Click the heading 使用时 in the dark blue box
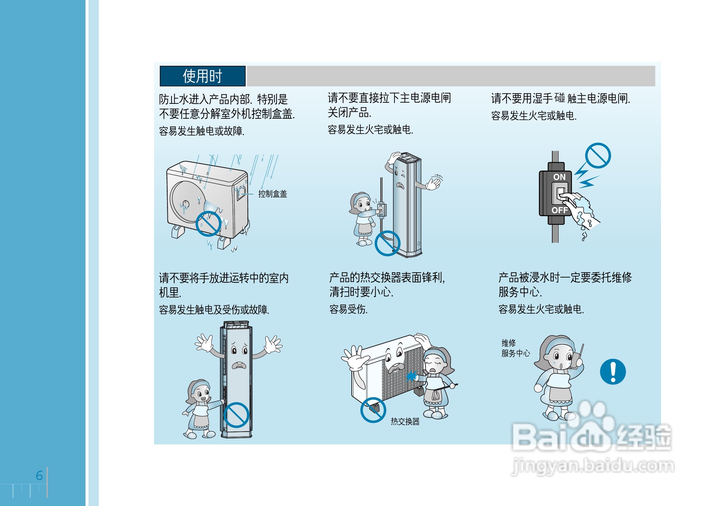202,76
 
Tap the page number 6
39,475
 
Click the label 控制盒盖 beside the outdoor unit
272,194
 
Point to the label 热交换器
405,421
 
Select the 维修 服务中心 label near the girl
515,348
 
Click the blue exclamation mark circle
613,371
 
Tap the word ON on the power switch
559,177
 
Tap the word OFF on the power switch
559,210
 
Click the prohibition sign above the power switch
598,155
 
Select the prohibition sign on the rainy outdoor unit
208,223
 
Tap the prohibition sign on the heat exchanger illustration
373,410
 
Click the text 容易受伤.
348,309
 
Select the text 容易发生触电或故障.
202,131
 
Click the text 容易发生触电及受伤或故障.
214,310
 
